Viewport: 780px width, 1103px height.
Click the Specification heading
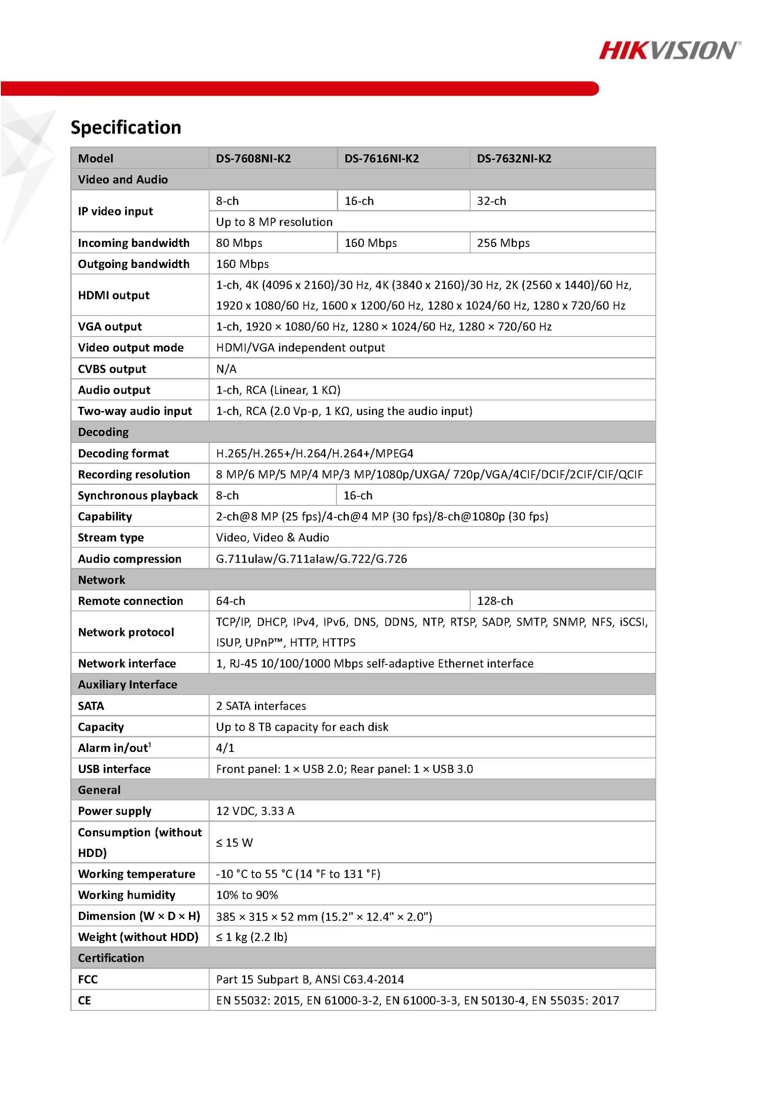(x=126, y=127)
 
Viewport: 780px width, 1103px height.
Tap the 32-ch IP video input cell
(x=491, y=201)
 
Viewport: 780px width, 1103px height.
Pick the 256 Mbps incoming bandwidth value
(x=503, y=243)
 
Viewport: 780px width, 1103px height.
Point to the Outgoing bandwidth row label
(x=134, y=264)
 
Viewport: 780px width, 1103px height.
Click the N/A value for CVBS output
(x=226, y=369)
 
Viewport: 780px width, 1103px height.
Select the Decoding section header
(x=103, y=432)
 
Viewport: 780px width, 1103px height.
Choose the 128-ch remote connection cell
(x=495, y=601)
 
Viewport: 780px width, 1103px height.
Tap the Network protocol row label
(x=126, y=632)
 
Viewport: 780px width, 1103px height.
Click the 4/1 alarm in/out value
(x=225, y=748)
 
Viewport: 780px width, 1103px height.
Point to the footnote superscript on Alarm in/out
(x=150, y=745)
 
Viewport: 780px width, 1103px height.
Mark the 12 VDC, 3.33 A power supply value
(x=255, y=811)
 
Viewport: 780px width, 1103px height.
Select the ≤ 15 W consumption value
(x=234, y=843)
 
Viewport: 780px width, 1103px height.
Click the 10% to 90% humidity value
(x=247, y=895)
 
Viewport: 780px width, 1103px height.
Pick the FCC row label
(x=88, y=979)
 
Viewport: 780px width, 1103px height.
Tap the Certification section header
(x=111, y=958)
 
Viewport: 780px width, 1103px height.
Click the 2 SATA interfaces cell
(x=261, y=706)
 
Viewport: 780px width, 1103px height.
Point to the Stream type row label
(x=111, y=538)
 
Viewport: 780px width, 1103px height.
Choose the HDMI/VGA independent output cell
(x=300, y=348)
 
